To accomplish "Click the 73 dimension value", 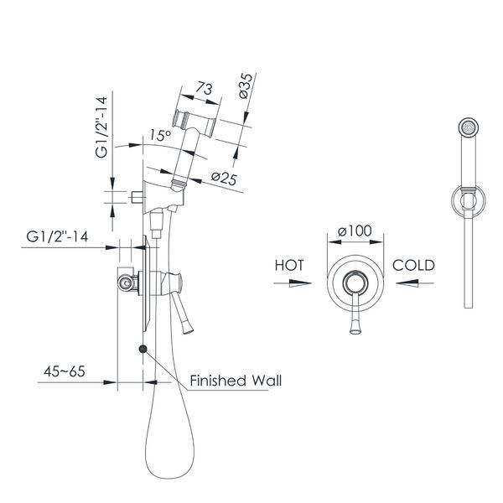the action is click(204, 88).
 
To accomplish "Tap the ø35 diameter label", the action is click(246, 86).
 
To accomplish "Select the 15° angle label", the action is click(160, 135).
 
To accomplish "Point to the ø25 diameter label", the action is click(224, 179).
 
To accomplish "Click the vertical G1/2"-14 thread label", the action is click(101, 127).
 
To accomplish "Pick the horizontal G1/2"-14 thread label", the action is click(57, 236).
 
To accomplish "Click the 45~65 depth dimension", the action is click(65, 371).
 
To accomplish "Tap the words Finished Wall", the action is click(236, 381).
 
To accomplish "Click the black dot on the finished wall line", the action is click(143, 349).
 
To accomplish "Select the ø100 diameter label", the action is click(355, 231).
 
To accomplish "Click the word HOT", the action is click(289, 265).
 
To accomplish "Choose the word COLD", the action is click(413, 265).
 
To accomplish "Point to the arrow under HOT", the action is click(293, 283).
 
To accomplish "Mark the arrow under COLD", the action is click(415, 283).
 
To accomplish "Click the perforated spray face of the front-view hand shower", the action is click(469, 127).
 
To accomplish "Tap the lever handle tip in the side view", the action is click(188, 328).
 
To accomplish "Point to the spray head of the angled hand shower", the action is click(194, 123).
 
